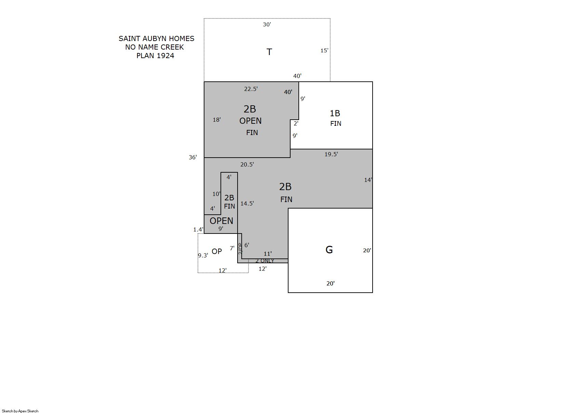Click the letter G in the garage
(x=329, y=250)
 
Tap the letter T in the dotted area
(x=269, y=52)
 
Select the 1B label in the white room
(x=335, y=114)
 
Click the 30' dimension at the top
(x=267, y=24)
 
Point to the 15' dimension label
(x=324, y=51)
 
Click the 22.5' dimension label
(x=251, y=89)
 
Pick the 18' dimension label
(x=217, y=120)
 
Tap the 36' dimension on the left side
(x=193, y=157)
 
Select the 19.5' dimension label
(x=331, y=154)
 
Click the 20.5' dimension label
(x=247, y=164)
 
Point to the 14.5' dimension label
(x=247, y=203)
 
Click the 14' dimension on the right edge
(x=368, y=180)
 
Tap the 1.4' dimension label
(x=198, y=229)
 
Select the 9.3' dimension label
(x=203, y=255)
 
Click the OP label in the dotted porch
(x=217, y=251)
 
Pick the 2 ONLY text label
(x=265, y=261)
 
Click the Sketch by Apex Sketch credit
(x=20, y=411)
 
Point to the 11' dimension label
(x=268, y=254)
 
